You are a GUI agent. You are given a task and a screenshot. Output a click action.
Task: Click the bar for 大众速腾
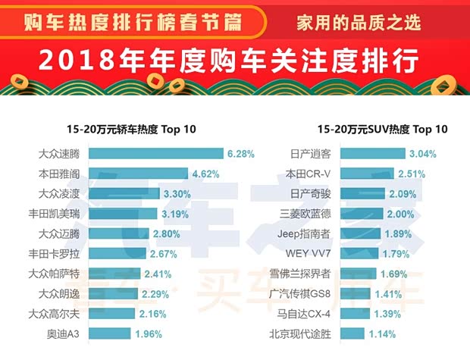pos(155,154)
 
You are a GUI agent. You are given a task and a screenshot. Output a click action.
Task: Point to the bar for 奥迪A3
pos(110,333)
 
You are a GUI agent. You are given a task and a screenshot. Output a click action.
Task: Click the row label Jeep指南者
pos(303,233)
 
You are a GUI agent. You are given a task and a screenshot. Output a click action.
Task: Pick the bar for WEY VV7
pos(359,253)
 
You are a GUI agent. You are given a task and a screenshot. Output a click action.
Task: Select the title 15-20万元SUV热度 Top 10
pos(382,130)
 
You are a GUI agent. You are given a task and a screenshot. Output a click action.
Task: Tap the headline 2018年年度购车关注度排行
pos(234,59)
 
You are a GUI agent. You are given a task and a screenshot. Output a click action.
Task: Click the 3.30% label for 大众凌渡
pos(177,194)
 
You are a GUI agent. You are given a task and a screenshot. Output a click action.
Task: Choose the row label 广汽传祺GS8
pos(301,293)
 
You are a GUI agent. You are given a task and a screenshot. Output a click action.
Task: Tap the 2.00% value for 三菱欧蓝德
pos(400,214)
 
